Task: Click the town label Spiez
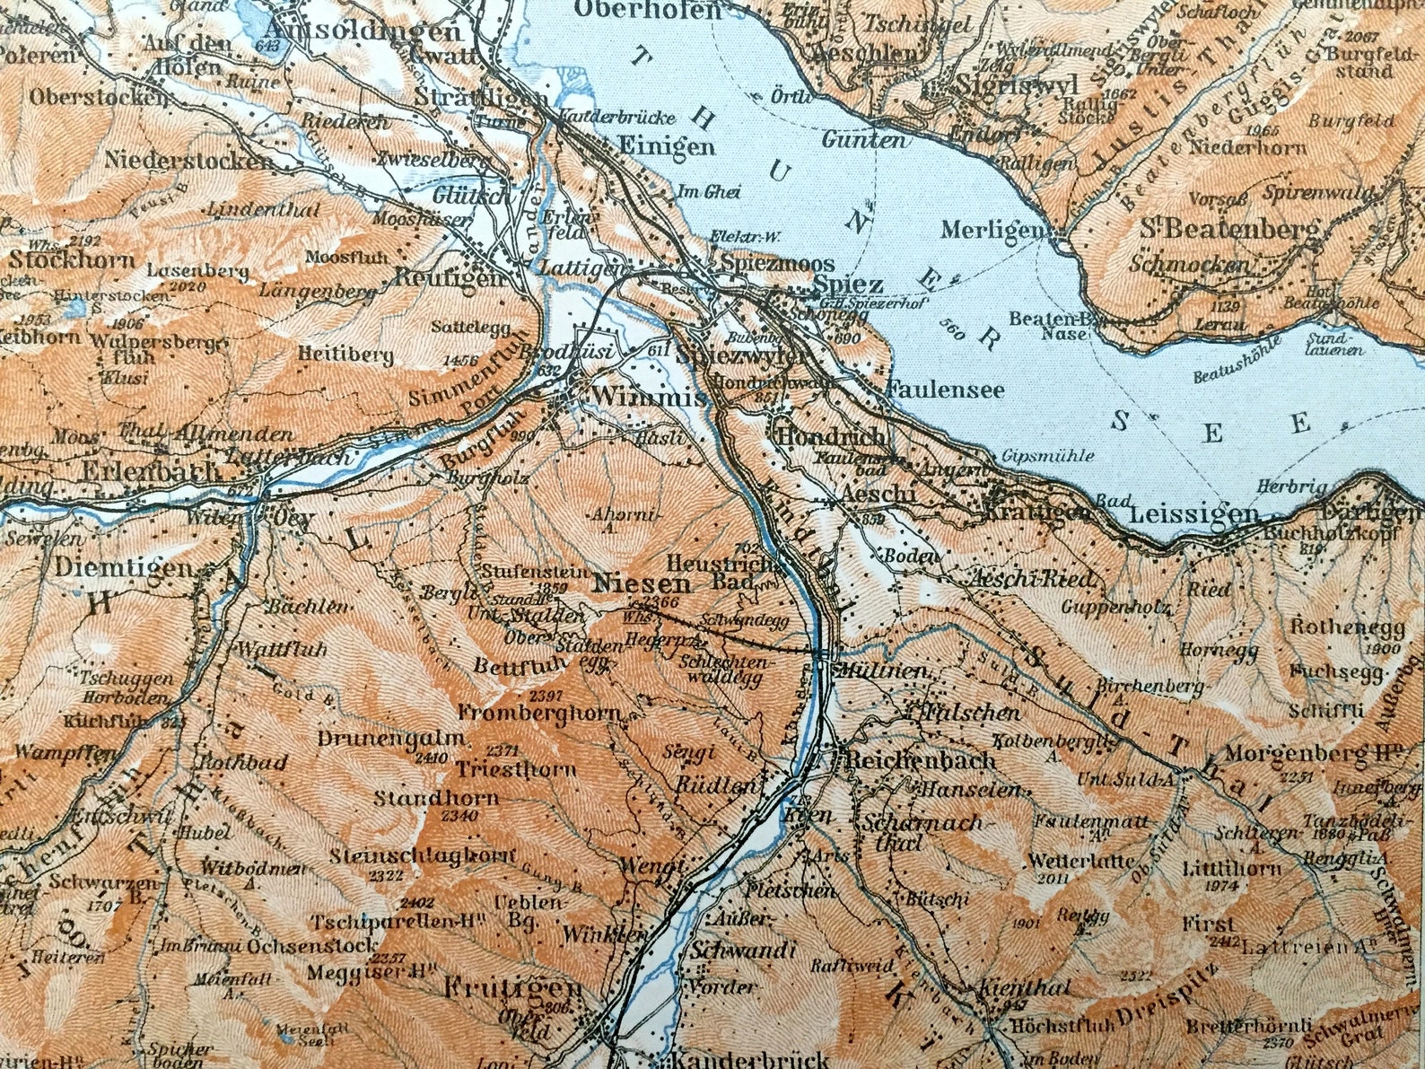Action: point(848,285)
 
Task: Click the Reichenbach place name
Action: point(921,760)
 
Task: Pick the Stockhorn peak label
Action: point(74,261)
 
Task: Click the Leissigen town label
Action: point(1193,514)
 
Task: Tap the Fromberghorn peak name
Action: point(539,714)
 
